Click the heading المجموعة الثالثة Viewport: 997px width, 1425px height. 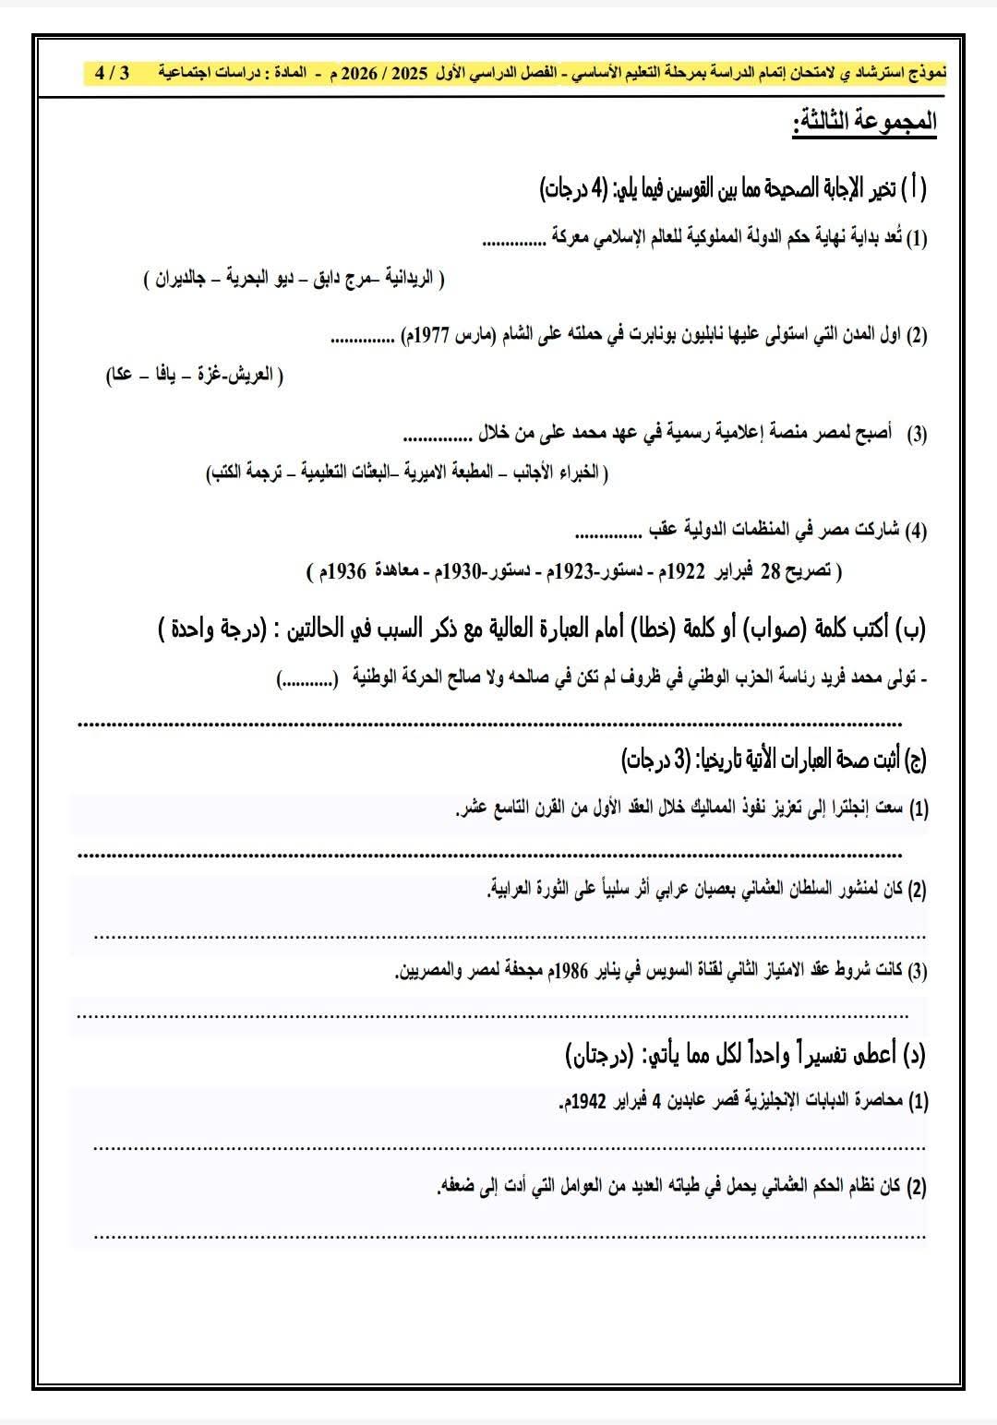865,121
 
